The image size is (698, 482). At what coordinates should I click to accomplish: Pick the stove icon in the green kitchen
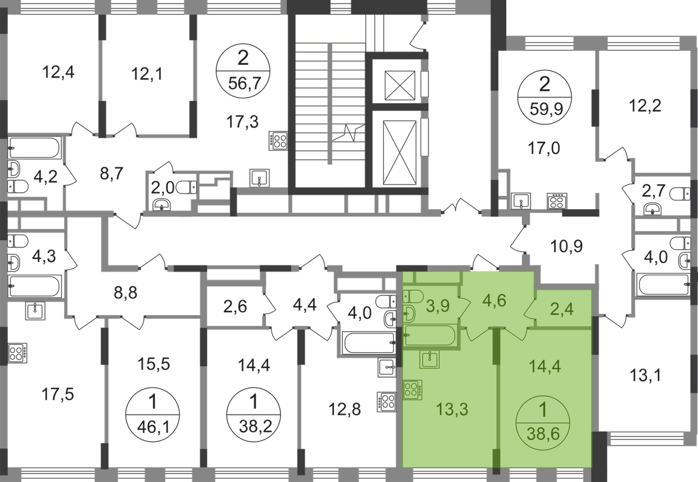coord(413,387)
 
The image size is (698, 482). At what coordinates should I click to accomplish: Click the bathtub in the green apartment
coord(432,335)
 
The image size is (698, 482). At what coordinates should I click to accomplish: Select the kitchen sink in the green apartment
coord(433,359)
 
